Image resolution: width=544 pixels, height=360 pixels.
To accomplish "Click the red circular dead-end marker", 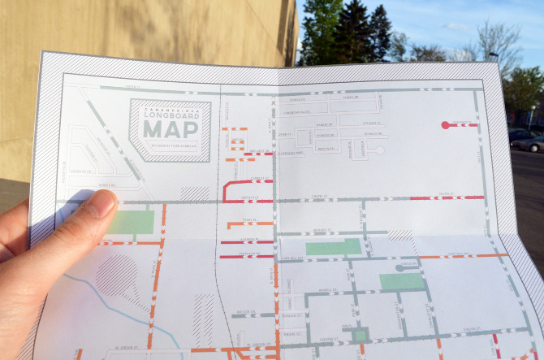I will point(444,125).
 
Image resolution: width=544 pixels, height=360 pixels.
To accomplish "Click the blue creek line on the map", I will point(122,304).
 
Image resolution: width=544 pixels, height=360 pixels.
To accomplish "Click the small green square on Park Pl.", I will point(360,335).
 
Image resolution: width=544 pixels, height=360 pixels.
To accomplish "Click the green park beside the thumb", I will point(130,222).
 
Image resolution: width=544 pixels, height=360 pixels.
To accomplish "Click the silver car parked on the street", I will point(529,142).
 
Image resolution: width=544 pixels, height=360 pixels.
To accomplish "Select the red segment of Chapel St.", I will point(446,197).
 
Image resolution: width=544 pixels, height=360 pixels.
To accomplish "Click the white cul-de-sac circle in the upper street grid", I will point(379,150).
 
